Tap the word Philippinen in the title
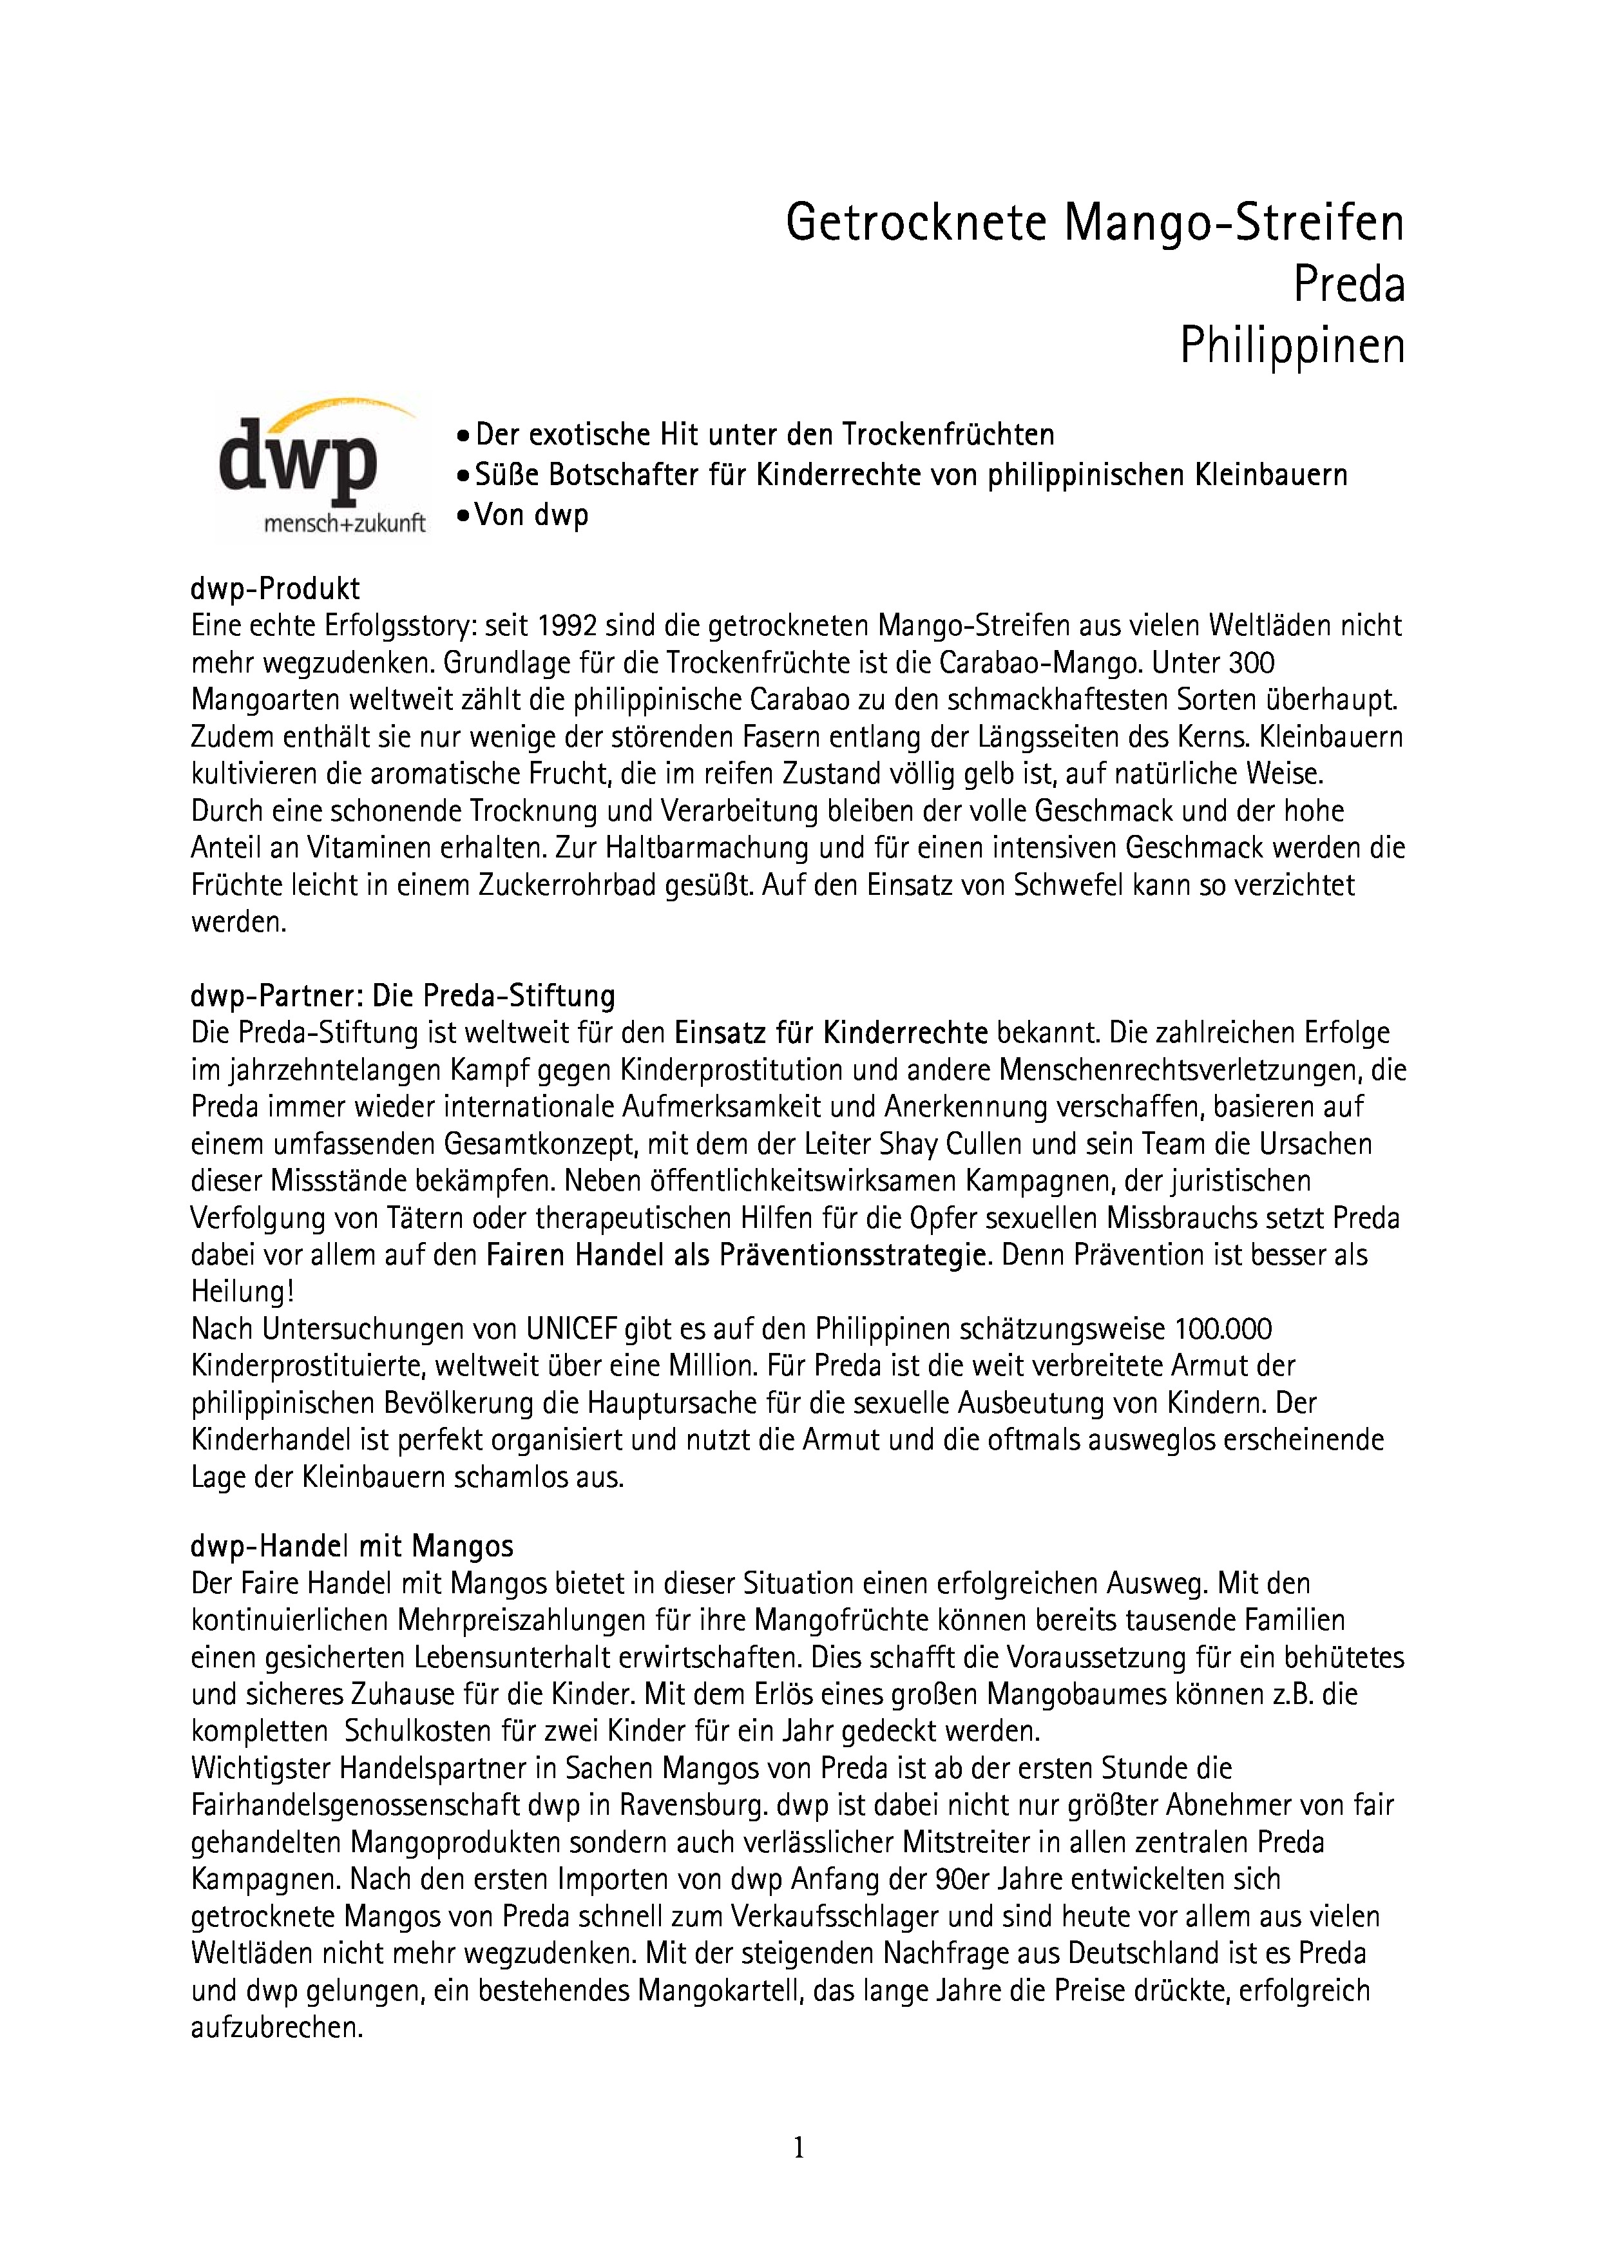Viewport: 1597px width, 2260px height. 1292,345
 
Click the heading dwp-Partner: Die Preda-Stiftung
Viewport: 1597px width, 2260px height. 403,996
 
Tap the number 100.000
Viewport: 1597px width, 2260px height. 1223,1330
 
